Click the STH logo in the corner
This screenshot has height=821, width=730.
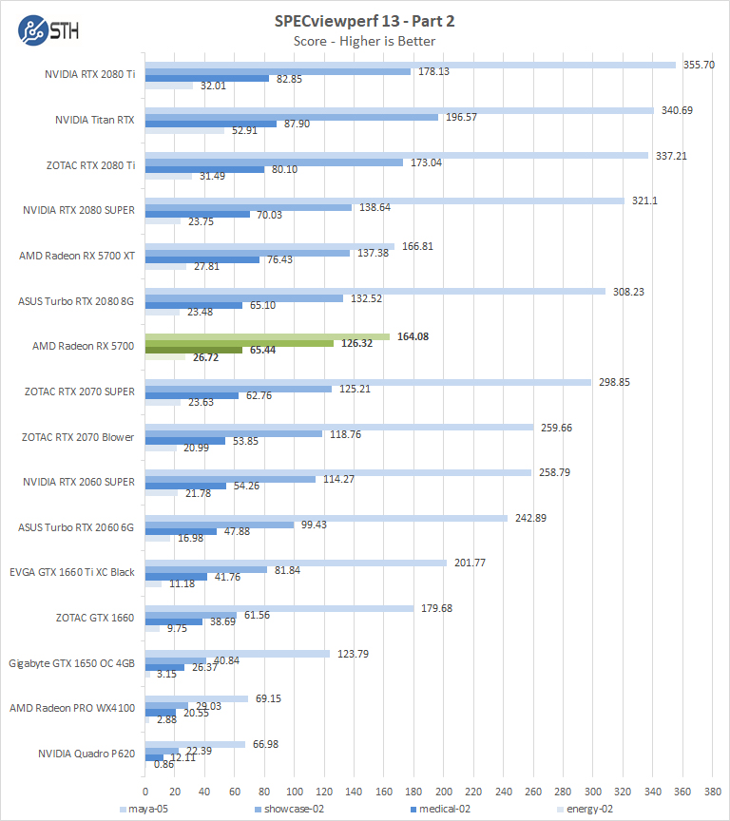[x=48, y=28]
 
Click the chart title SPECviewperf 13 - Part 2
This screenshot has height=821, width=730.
[x=364, y=22]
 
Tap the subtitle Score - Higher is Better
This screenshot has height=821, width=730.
[x=364, y=41]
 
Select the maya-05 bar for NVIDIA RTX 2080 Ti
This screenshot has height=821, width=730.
[x=410, y=65]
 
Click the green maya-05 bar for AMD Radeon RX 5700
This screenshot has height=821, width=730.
[x=267, y=336]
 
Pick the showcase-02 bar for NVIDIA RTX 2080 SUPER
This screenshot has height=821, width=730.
[x=248, y=207]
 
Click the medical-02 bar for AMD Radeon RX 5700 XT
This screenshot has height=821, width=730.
[x=202, y=259]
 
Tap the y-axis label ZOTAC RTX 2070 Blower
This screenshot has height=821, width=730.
[x=78, y=437]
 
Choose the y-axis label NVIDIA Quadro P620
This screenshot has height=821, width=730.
[x=85, y=754]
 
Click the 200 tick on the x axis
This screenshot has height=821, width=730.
[x=444, y=791]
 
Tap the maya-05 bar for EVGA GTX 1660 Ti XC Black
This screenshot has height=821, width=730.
[x=296, y=563]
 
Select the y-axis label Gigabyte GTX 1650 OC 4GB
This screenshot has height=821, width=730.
[x=72, y=663]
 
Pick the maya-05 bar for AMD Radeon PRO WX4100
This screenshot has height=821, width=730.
[x=196, y=698]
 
